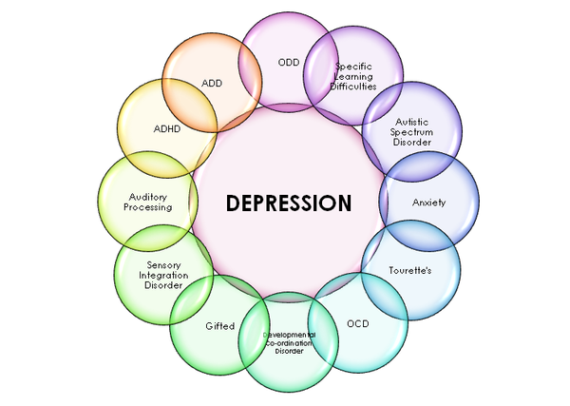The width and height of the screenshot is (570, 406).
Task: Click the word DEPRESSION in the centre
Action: pos(288,203)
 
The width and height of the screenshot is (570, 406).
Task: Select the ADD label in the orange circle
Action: pos(212,83)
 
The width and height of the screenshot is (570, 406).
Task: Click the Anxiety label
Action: pos(428,203)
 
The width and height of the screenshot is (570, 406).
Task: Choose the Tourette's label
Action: pos(410,271)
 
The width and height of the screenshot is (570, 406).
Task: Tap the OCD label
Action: pos(357,323)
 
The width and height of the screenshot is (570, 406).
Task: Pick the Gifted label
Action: pos(219,326)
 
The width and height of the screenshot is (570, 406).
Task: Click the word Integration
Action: pos(162,275)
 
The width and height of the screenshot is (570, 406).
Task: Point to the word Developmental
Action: pos(290,335)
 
